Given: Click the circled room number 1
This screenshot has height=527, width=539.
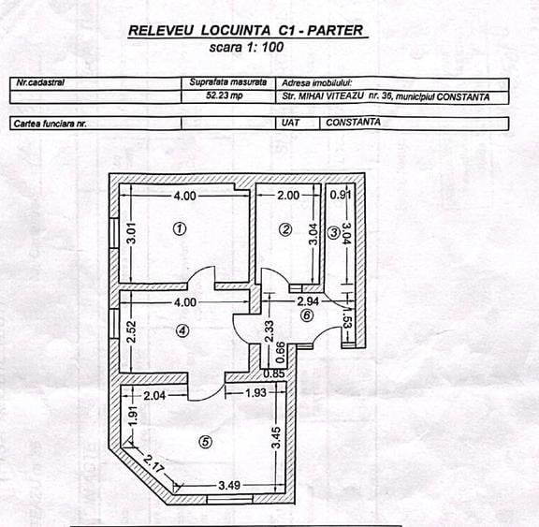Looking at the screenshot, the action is point(180,228).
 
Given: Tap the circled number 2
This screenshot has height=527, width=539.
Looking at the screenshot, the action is point(285,229).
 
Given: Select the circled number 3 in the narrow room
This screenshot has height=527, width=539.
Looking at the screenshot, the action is point(333,233).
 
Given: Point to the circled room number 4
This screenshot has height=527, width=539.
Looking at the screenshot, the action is point(182,330).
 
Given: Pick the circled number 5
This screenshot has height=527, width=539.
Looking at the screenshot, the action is point(205,442).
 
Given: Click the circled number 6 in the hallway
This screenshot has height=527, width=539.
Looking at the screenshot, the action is point(307,315).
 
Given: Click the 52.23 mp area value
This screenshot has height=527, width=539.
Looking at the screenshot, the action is point(225,95).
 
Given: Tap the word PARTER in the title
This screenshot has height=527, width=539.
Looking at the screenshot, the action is point(335,30).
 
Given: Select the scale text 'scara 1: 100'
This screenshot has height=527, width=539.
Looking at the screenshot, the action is point(246,47).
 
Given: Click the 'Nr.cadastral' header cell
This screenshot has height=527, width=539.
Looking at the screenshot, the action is point(40,82).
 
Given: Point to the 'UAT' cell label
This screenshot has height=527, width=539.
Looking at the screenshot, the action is point(290,123).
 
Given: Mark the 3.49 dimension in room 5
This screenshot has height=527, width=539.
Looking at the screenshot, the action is point(229,486).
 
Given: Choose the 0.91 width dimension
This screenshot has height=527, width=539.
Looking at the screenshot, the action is point(341,195).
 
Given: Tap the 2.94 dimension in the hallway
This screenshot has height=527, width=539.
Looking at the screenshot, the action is point(308,301).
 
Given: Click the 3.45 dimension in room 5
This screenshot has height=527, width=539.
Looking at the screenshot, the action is point(276,438).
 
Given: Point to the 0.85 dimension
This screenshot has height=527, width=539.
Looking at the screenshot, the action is point(274,373).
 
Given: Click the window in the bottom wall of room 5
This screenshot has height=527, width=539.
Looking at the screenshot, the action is point(230,499).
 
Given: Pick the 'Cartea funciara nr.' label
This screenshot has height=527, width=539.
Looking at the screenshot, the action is point(51,124).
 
